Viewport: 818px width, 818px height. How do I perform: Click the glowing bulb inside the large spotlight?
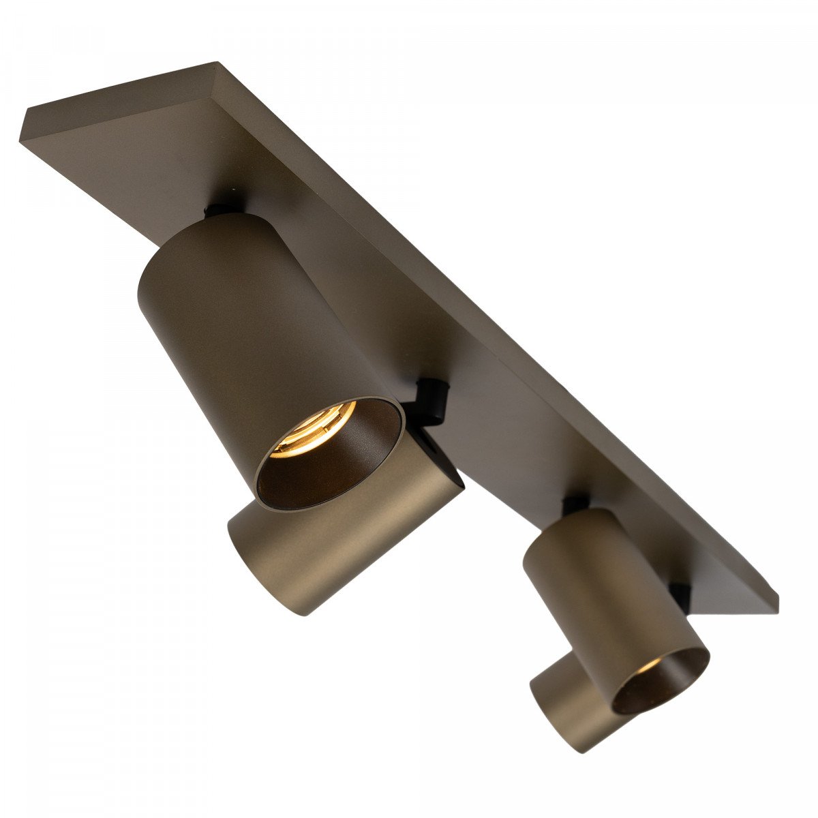pos(315,428)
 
